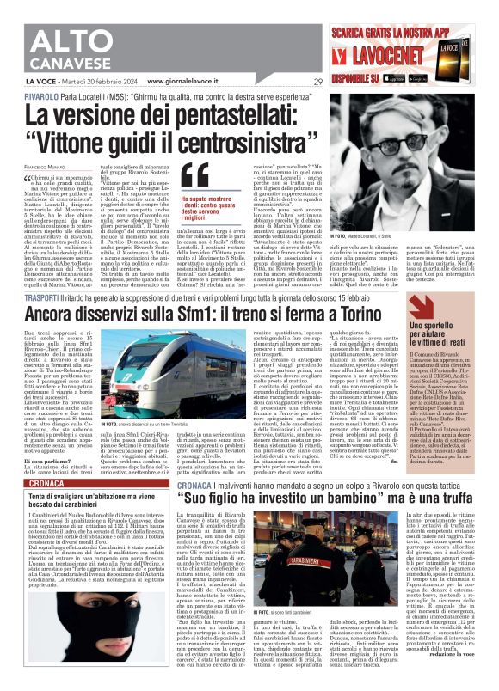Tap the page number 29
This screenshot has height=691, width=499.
coord(317,83)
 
